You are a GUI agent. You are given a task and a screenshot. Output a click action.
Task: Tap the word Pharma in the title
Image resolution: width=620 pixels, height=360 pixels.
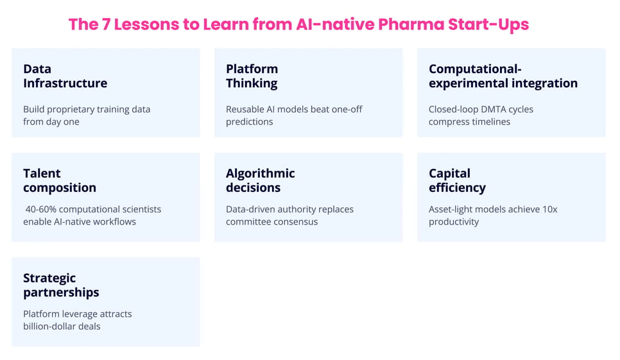[x=409, y=25]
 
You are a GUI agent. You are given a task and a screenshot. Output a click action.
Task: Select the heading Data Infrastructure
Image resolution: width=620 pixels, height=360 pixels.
[x=65, y=76]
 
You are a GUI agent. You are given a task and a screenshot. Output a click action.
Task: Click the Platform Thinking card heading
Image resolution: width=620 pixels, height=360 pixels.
[x=252, y=76]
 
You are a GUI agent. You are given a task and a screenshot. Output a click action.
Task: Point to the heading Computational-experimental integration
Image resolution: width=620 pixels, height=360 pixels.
[x=503, y=76]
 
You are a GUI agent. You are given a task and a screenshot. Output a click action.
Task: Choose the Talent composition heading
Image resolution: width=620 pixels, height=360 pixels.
[x=59, y=180]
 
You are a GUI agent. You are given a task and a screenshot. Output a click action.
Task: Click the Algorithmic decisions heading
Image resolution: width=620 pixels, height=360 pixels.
[x=260, y=180]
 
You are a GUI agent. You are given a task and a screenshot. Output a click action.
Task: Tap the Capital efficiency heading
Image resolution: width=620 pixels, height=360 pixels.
[x=457, y=180]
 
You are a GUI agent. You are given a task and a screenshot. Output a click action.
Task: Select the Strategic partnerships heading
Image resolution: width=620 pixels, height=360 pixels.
[x=61, y=285]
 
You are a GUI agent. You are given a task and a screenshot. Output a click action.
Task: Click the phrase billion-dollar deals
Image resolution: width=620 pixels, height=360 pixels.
[x=62, y=326]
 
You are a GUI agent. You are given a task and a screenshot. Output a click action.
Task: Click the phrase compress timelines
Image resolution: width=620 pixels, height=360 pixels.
[x=469, y=122]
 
